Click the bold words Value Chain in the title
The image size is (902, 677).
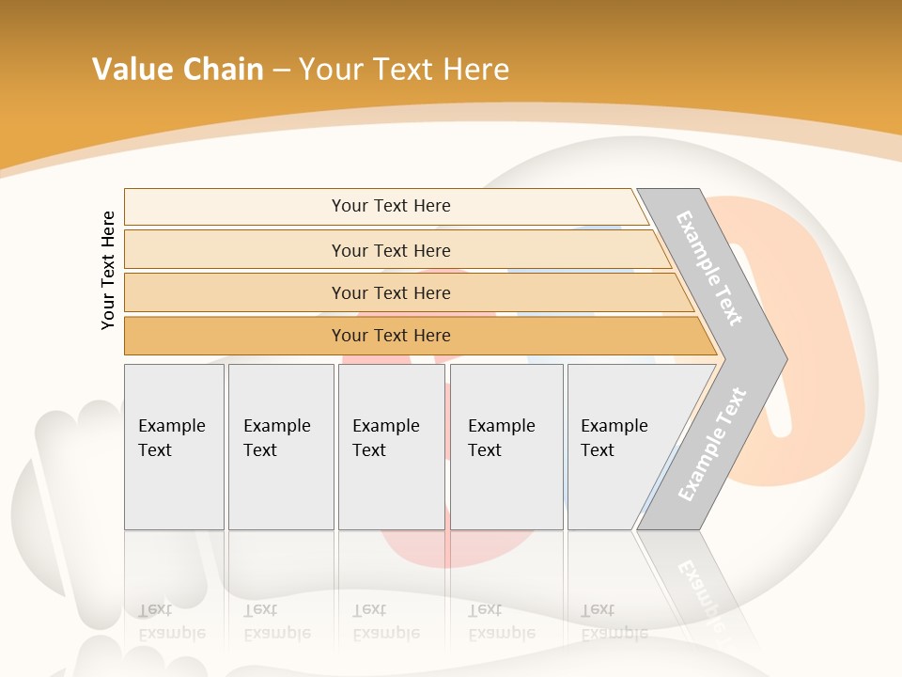click(178, 70)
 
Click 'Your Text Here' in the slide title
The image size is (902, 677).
click(404, 70)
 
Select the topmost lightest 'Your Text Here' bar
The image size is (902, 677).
click(391, 206)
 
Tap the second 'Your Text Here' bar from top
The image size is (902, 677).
click(391, 250)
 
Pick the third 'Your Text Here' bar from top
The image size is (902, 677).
click(391, 293)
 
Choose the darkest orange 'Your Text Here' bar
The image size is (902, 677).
click(391, 336)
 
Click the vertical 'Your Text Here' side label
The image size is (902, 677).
click(108, 270)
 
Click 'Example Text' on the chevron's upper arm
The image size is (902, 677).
click(709, 268)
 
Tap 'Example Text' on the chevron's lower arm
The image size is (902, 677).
click(712, 445)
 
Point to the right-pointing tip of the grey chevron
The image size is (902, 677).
click(784, 358)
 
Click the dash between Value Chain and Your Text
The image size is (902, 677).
click(281, 71)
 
